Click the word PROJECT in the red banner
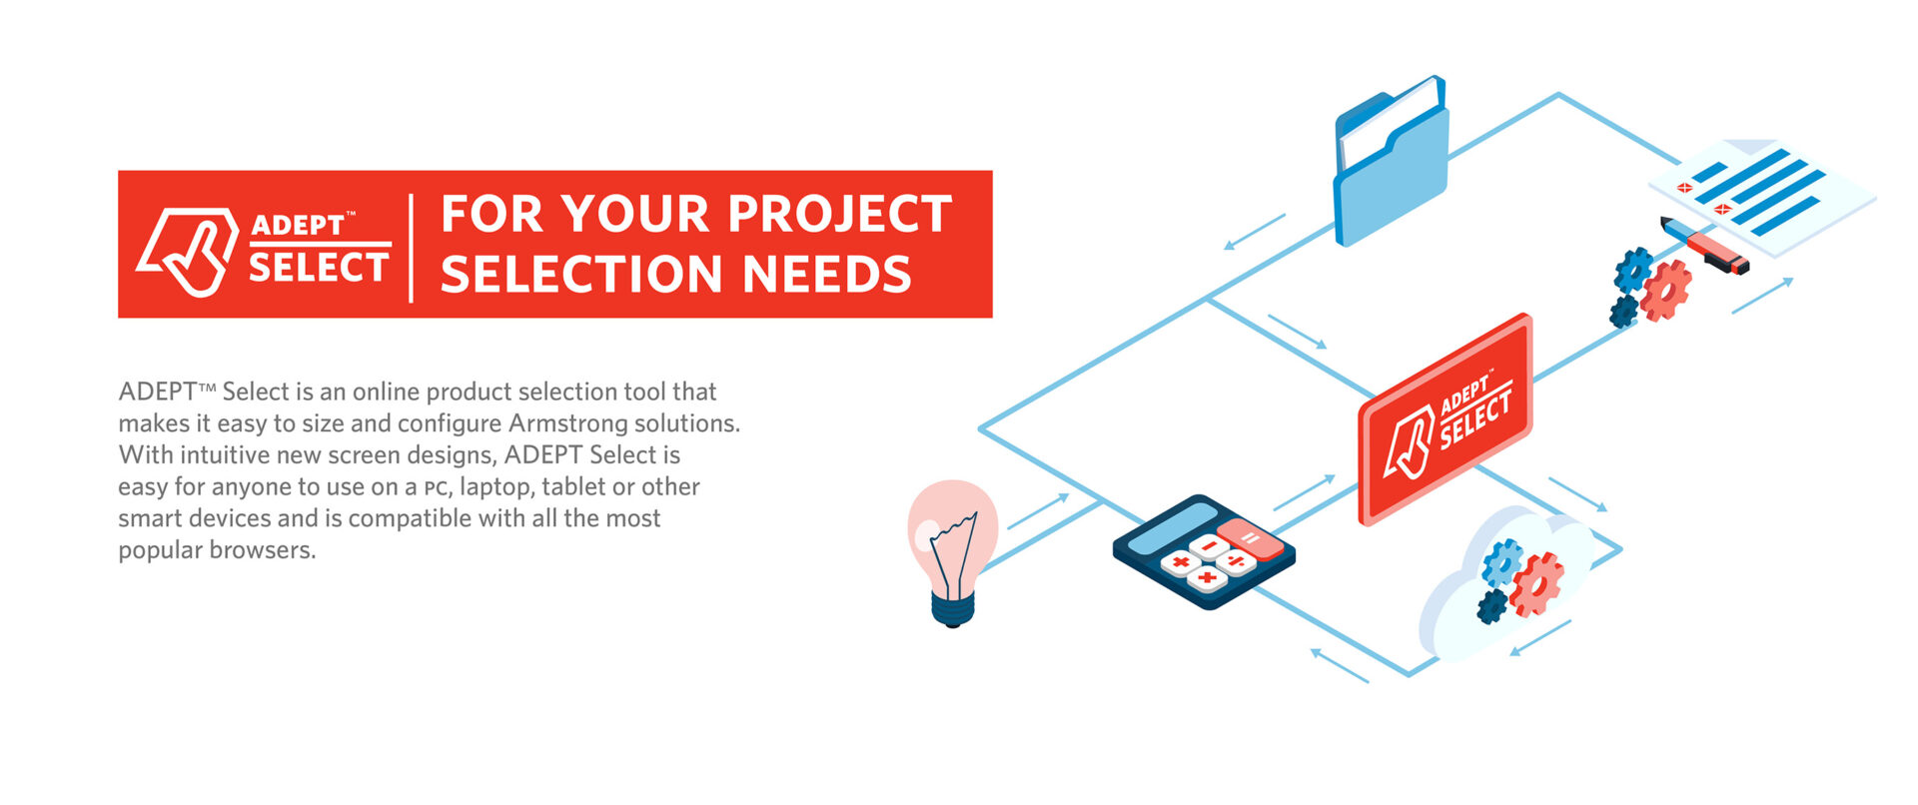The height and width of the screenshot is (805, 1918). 839,214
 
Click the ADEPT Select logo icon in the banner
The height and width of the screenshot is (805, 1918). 188,252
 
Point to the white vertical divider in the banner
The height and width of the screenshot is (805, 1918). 411,248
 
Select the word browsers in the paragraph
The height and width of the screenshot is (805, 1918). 263,550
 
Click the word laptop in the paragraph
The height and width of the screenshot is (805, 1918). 495,488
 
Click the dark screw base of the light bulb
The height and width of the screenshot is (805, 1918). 953,606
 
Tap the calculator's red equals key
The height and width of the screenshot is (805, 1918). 1250,538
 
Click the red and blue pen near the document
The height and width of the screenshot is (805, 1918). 1704,245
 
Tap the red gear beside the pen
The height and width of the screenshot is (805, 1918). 1665,291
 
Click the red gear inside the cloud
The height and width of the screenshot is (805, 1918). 1536,584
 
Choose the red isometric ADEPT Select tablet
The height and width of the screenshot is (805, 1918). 1445,419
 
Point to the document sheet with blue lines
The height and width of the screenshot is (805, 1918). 1761,194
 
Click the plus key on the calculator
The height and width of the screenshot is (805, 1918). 1207,578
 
